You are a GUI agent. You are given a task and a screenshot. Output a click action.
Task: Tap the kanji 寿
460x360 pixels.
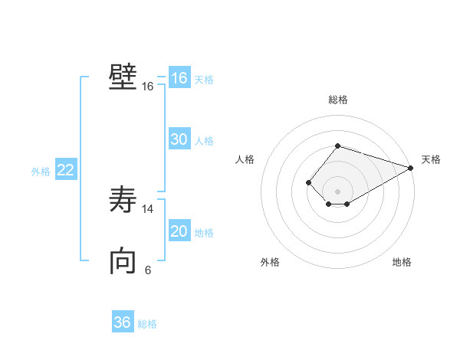coord(123,201)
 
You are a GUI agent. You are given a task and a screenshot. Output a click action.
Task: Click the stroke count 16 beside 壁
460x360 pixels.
coord(147,87)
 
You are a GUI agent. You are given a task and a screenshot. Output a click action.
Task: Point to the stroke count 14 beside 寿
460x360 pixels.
coord(147,209)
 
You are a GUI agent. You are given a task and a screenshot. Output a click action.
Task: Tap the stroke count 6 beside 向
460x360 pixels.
coord(147,270)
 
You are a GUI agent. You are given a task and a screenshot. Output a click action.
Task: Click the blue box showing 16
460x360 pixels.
coord(179,78)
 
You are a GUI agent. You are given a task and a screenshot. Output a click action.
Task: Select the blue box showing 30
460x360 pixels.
coord(179,139)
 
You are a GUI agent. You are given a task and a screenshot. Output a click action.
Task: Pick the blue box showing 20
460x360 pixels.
coord(179,231)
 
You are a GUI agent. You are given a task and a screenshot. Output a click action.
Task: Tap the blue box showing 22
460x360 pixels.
coord(66,170)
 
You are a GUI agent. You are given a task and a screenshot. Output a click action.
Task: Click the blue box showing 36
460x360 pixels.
coord(123,322)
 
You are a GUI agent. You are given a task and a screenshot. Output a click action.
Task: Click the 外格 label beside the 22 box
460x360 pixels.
coord(41,172)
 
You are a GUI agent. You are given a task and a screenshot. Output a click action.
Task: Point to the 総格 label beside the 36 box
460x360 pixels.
coord(147,324)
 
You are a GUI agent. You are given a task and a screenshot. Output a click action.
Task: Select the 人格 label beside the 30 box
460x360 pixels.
coord(204,141)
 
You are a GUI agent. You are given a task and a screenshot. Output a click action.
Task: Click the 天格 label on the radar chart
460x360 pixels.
coord(431,159)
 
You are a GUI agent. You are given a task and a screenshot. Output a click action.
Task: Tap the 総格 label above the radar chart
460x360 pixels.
coord(337,100)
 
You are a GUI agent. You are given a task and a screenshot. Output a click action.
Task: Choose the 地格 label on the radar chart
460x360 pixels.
coord(402,262)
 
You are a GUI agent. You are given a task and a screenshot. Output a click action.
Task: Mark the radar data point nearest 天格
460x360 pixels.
coord(411,168)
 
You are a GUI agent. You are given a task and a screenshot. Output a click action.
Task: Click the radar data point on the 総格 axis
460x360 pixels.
coord(337,146)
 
